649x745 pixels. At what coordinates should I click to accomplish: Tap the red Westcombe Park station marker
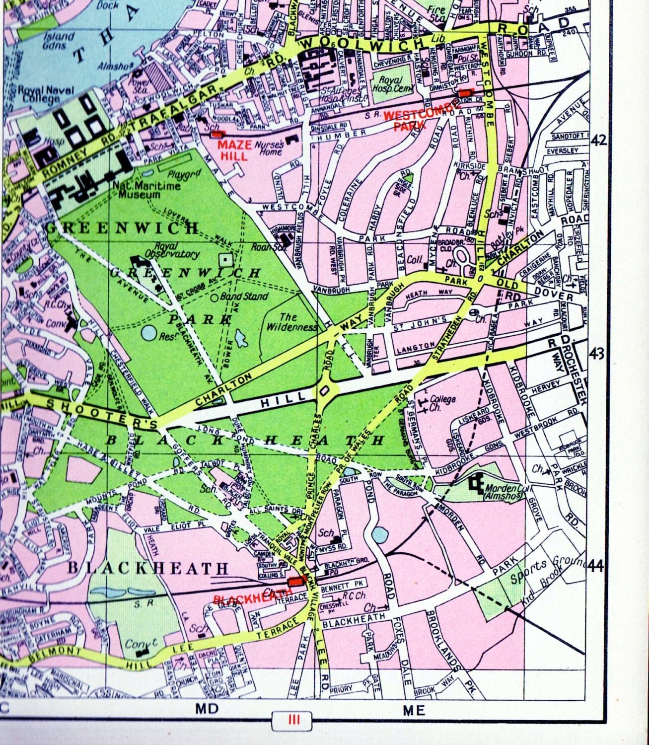(x=465, y=93)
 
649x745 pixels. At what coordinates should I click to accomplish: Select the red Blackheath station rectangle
(x=297, y=581)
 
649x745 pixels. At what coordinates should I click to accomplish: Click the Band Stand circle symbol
(x=214, y=298)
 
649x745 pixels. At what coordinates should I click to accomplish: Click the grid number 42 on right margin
(x=598, y=141)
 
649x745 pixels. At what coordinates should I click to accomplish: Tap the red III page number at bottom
(x=294, y=720)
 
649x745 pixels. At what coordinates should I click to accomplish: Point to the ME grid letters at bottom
(x=413, y=711)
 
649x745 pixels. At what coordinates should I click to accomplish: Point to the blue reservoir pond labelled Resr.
(x=148, y=333)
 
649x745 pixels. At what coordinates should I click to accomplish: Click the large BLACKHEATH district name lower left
(x=148, y=568)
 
